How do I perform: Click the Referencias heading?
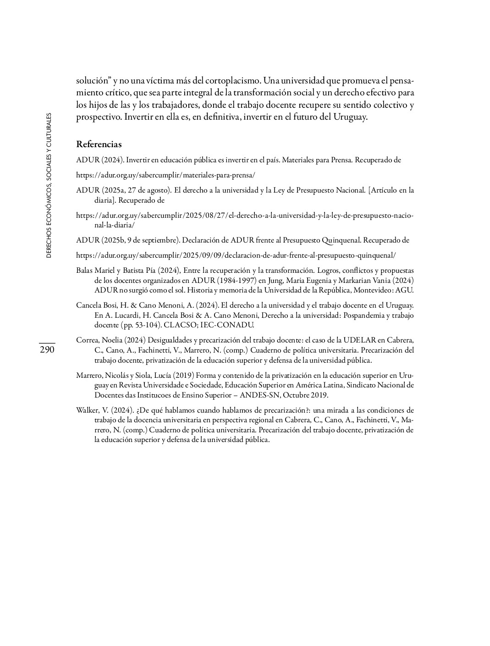99,144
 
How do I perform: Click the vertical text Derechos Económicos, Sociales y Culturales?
49,185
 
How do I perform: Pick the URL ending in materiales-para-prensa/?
165,175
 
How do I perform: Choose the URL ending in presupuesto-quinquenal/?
236,255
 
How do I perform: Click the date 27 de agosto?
149,190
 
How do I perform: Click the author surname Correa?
87,340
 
